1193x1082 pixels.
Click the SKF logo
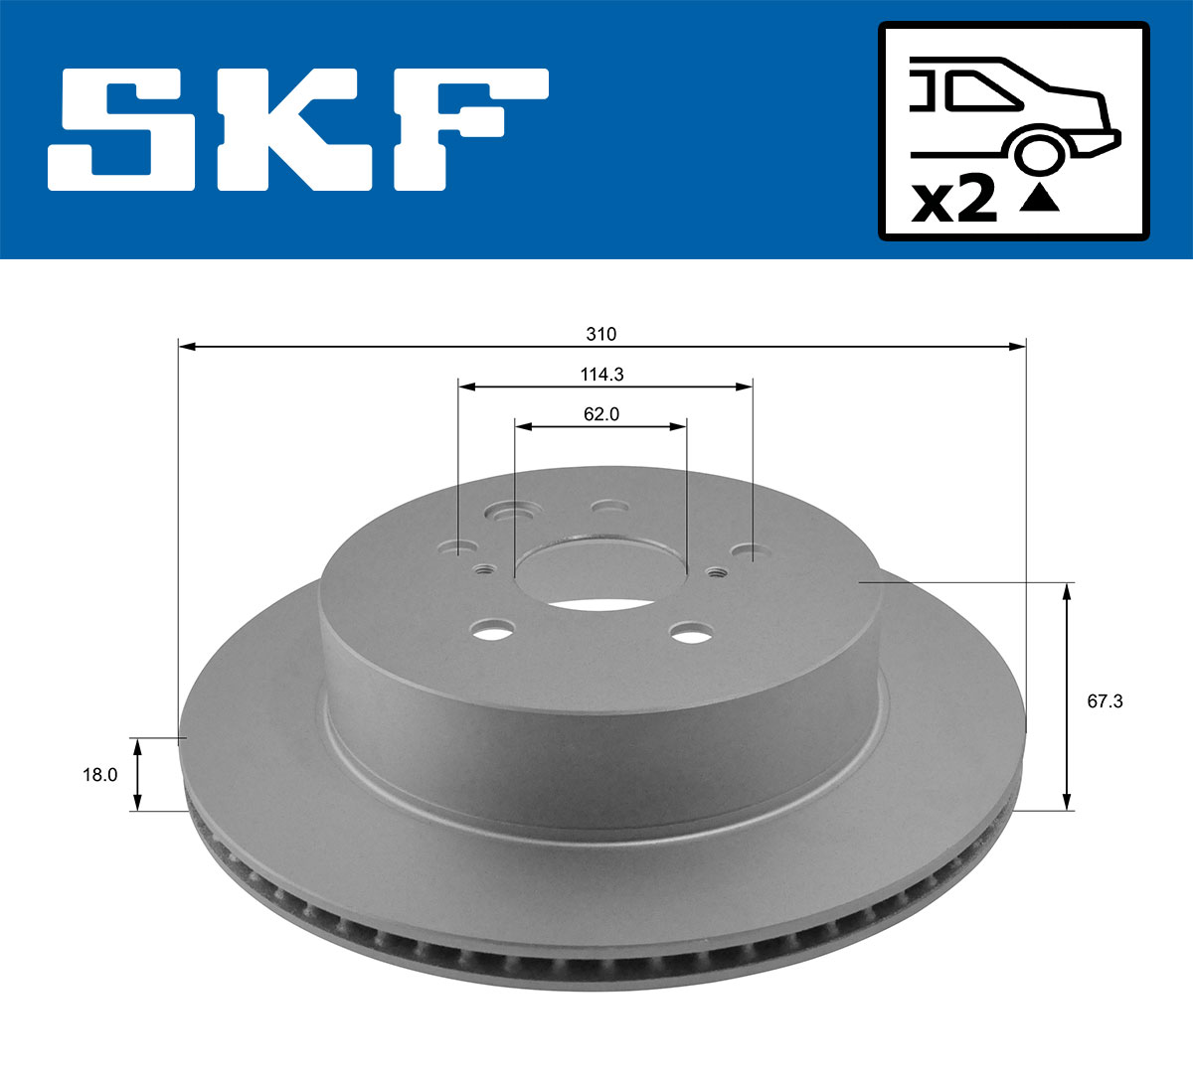[298, 129]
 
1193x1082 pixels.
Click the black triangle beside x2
[1039, 199]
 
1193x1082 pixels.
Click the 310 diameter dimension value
[600, 334]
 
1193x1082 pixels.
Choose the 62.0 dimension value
[600, 414]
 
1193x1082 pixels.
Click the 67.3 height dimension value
[1105, 700]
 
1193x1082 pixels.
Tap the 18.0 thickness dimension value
[98, 775]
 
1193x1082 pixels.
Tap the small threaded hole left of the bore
[485, 569]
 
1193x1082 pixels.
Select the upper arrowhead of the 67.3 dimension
[1067, 591]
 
